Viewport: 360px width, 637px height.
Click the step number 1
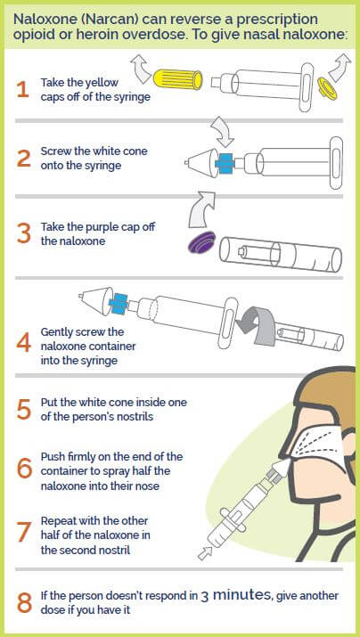coord(23,87)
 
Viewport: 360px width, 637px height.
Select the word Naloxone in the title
coord(42,18)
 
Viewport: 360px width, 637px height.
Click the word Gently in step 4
coord(61,331)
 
